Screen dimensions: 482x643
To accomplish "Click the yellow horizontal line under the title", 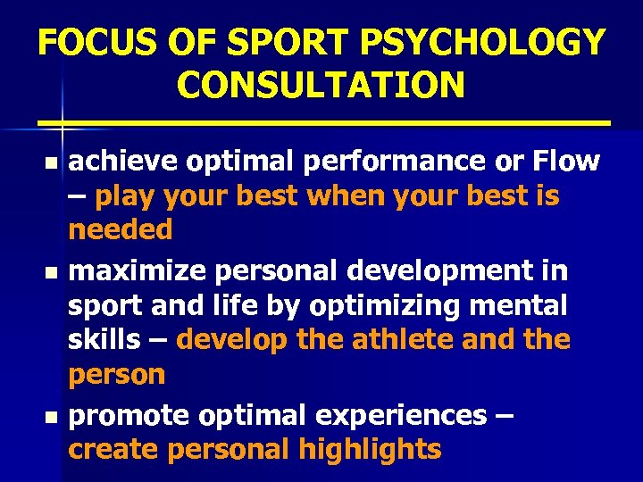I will [321, 121].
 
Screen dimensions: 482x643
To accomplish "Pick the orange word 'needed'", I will [120, 230].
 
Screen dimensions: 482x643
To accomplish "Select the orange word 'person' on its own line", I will [117, 375].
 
